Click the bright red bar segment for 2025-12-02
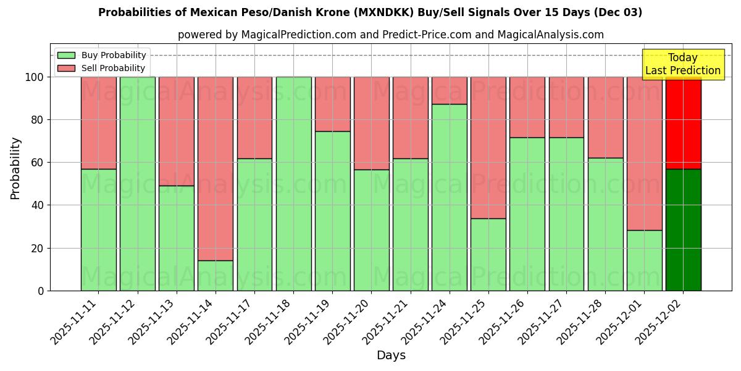pyautogui.click(x=683, y=124)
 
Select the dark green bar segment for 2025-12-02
pyautogui.click(x=683, y=229)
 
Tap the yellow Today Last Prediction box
pyautogui.click(x=682, y=64)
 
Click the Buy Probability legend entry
pyautogui.click(x=101, y=55)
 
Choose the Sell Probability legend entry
pyautogui.click(x=101, y=68)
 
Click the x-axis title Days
pyautogui.click(x=391, y=356)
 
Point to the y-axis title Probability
pyautogui.click(x=15, y=168)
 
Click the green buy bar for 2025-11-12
pyautogui.click(x=137, y=184)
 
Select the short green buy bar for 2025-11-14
pyautogui.click(x=216, y=276)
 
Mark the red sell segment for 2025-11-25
pyautogui.click(x=488, y=148)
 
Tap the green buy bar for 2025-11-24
pyautogui.click(x=449, y=197)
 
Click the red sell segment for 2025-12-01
pyautogui.click(x=644, y=153)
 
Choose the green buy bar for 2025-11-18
pyautogui.click(x=293, y=184)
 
